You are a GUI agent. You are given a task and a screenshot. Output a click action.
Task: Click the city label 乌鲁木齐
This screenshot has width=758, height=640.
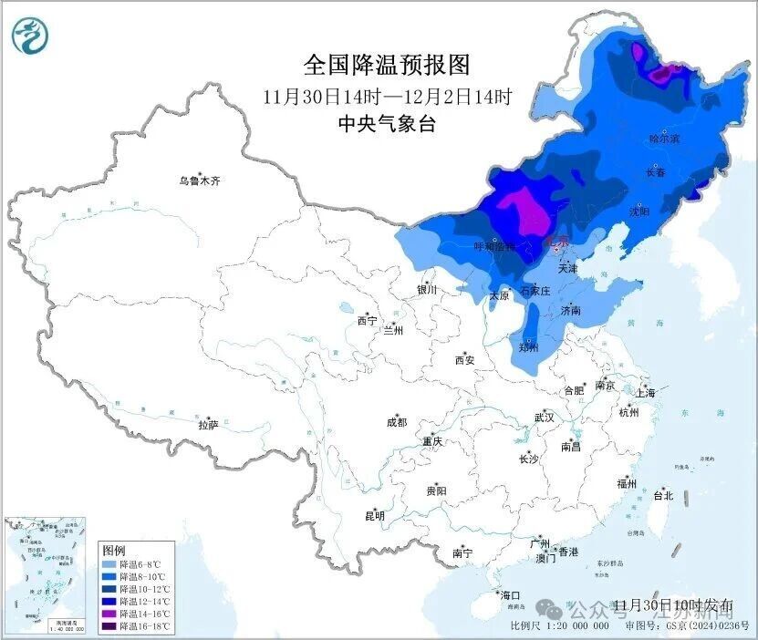coord(199,181)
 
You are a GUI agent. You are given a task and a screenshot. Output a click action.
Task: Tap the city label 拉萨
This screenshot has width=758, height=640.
coord(208,424)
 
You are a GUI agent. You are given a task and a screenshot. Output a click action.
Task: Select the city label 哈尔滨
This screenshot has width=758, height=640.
coord(664,139)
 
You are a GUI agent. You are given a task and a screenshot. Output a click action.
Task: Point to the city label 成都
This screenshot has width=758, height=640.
coord(397,422)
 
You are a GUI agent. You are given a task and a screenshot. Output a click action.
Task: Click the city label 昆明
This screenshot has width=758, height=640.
coord(375,516)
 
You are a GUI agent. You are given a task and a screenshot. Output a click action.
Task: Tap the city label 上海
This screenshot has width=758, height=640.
coord(647,393)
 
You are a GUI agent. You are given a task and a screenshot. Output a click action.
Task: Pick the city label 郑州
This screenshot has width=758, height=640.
coord(528,347)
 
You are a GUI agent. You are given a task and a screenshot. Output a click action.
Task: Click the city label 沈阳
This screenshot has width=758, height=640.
coord(639,212)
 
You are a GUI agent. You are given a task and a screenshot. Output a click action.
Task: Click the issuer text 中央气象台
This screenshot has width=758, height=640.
coord(386,124)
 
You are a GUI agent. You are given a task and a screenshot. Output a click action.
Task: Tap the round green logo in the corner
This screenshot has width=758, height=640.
coord(30,36)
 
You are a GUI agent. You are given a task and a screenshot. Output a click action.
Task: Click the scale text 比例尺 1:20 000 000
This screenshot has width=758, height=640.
coord(560,626)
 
